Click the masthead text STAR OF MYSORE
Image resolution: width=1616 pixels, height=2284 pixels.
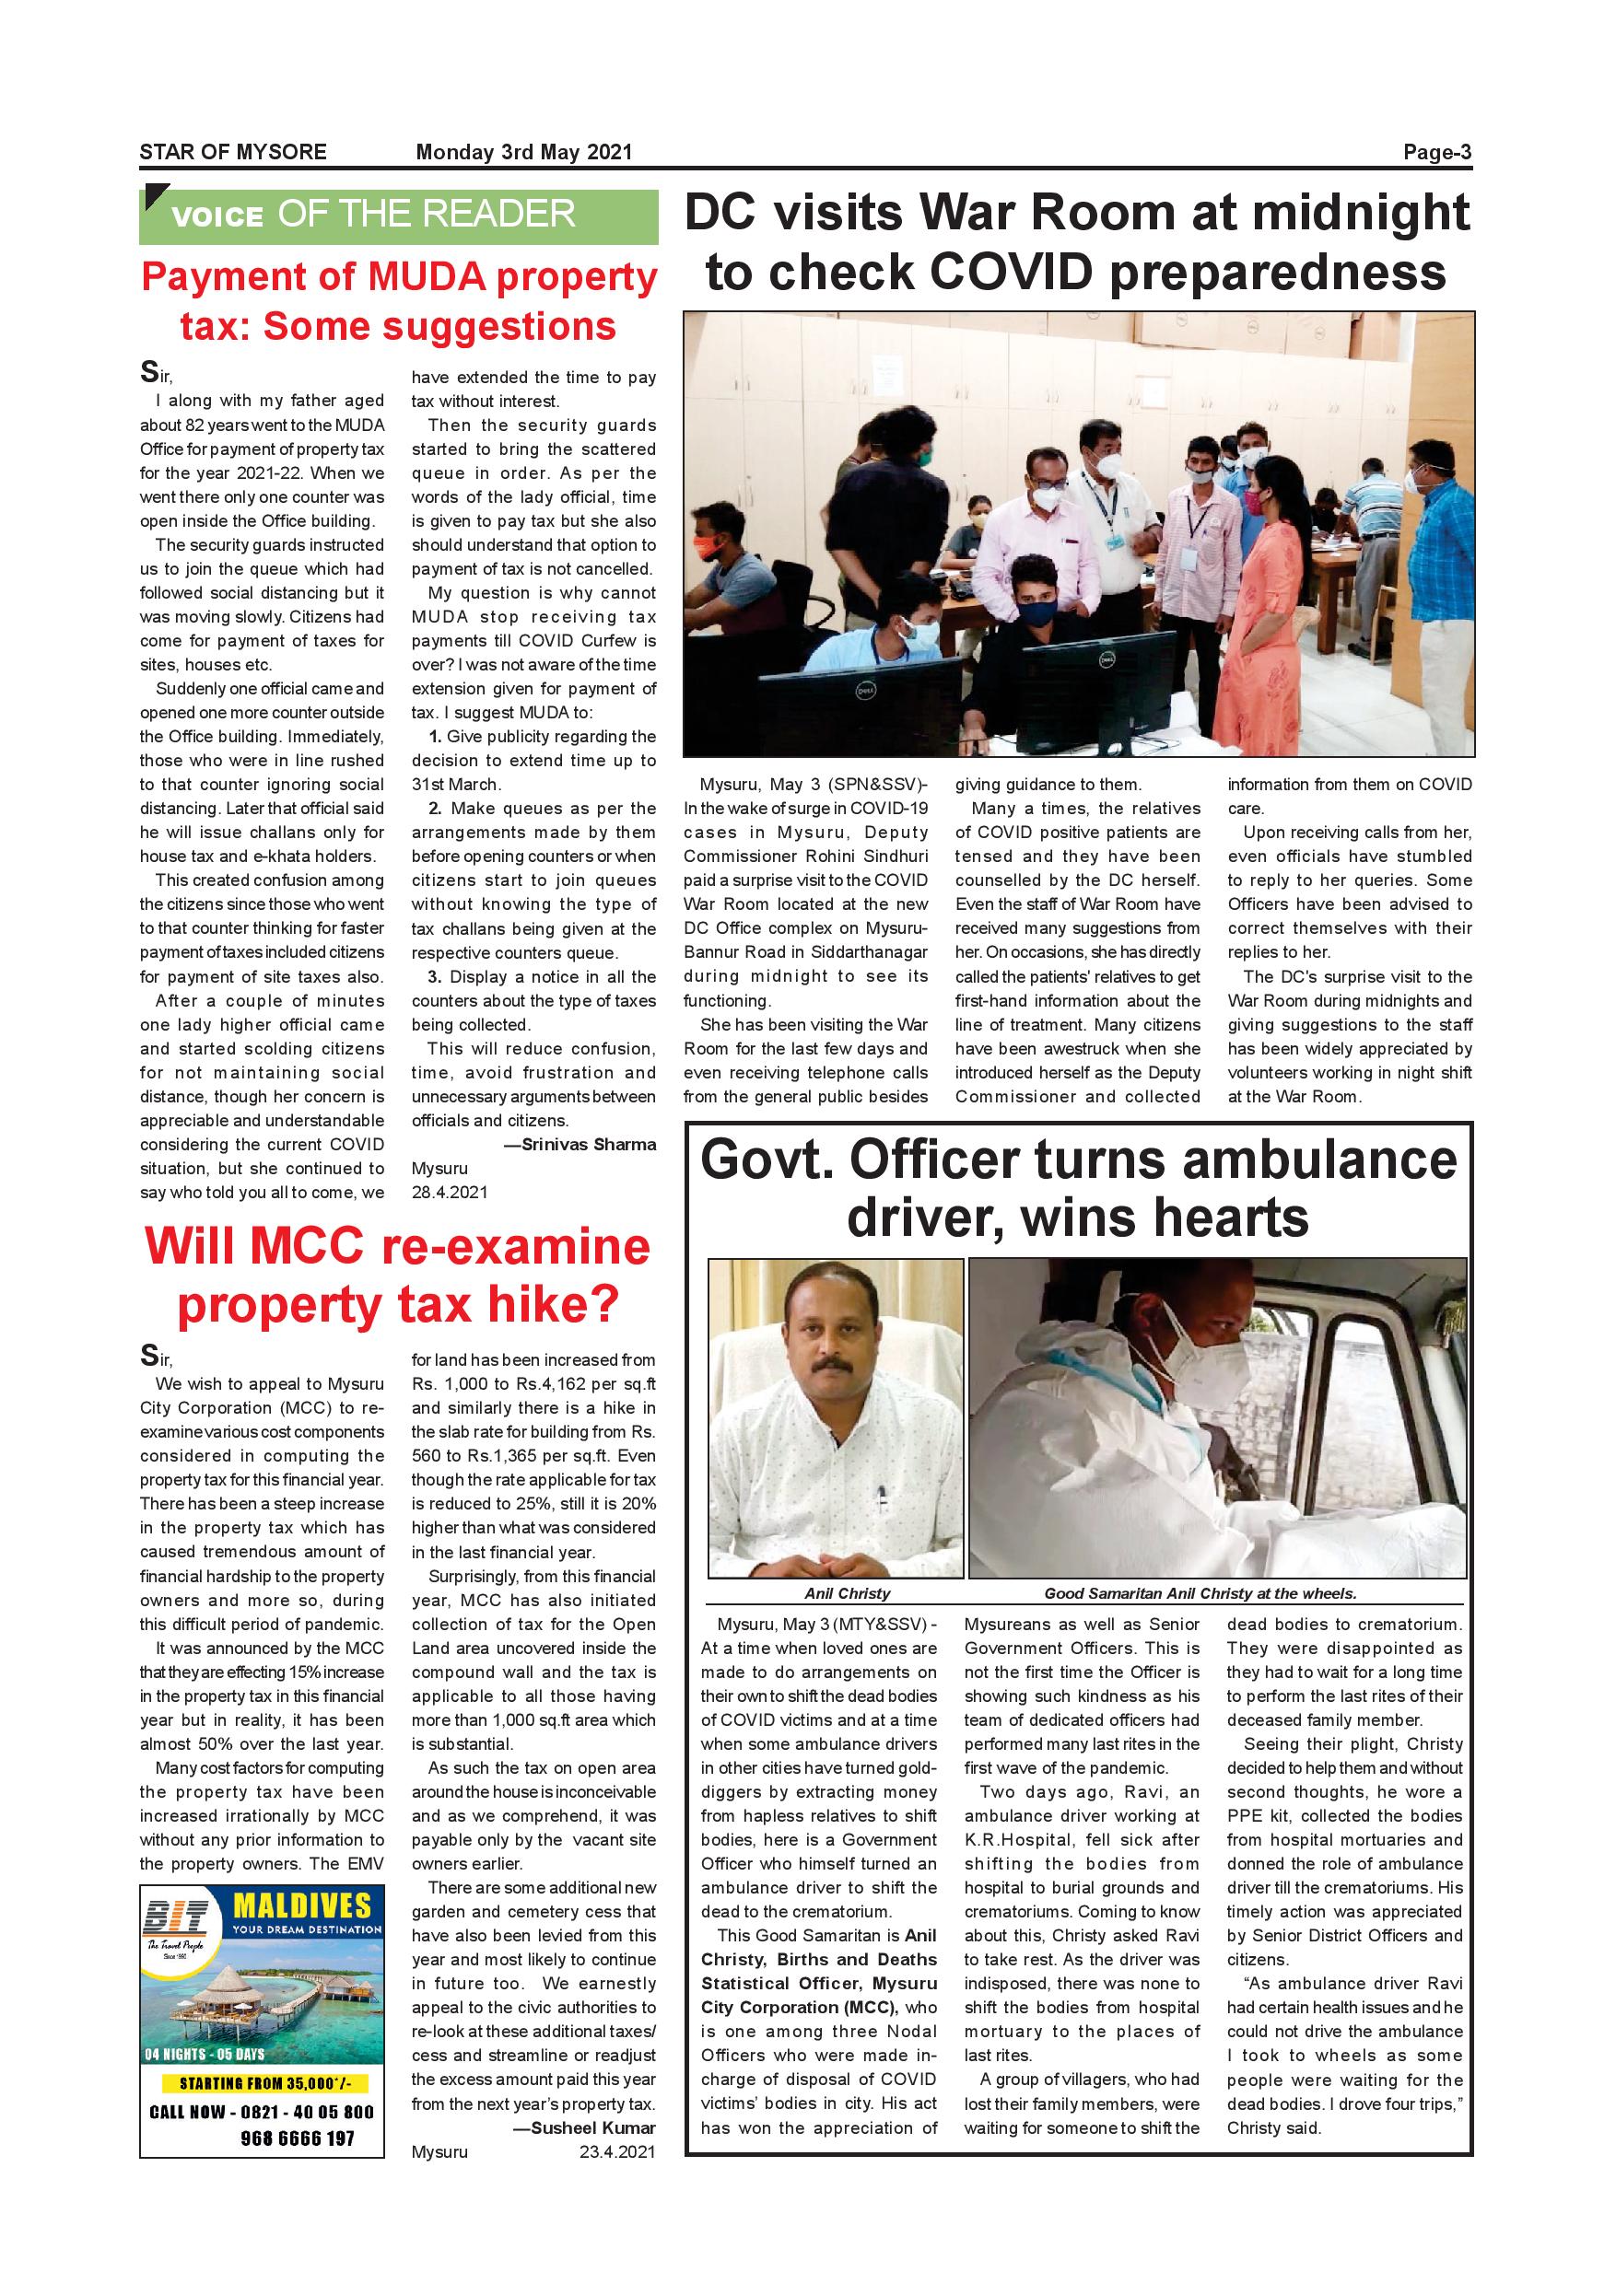[x=233, y=152]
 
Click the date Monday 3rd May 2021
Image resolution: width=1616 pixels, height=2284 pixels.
[x=523, y=152]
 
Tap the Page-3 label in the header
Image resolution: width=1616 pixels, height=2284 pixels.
[x=1436, y=152]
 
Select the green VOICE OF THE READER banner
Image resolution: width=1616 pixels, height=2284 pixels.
[x=398, y=216]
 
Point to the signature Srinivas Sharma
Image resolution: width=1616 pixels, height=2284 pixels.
[x=588, y=1144]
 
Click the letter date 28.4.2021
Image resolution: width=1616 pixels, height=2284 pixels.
[x=450, y=1192]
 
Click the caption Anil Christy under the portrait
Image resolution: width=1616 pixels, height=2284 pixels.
[x=847, y=1592]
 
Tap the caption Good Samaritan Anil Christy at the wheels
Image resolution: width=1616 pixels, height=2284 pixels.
[x=1200, y=1592]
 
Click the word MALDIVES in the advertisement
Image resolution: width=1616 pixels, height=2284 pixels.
[x=301, y=1906]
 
